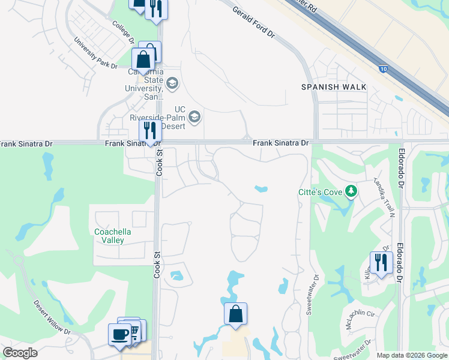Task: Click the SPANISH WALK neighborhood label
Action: [334, 87]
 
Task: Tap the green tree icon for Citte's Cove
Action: [351, 192]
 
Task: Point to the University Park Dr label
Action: [95, 53]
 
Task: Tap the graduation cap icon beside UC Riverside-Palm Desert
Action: [194, 116]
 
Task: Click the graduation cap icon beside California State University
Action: [172, 83]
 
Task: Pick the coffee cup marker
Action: [119, 334]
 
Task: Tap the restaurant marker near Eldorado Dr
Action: [381, 262]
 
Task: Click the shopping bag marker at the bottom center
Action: [236, 313]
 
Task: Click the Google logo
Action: [20, 353]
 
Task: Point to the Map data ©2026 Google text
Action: [411, 355]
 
